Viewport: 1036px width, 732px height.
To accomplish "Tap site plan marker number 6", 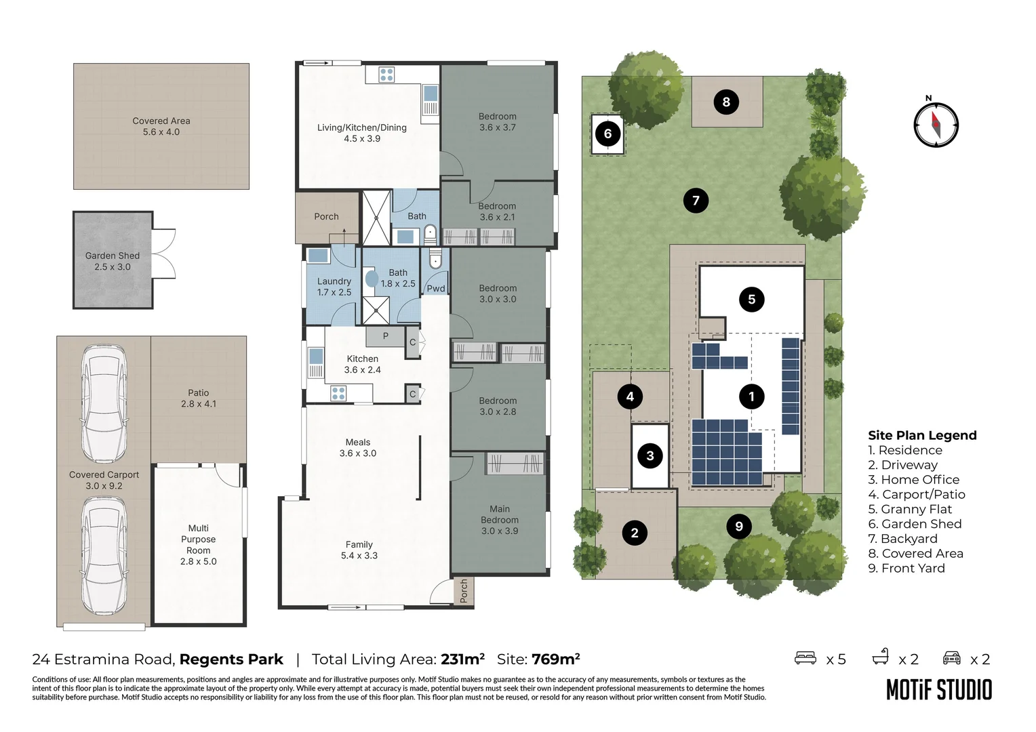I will click(x=607, y=134).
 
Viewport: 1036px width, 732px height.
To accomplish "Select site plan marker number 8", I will click(x=726, y=102).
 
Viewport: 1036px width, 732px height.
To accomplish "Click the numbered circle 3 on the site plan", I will click(x=650, y=455).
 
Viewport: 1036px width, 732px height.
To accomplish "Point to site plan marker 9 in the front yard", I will click(x=739, y=526).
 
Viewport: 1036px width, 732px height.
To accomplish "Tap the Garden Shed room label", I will click(x=113, y=256).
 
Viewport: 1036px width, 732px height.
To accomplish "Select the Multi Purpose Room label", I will click(x=198, y=540).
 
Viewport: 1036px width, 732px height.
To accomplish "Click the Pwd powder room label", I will click(x=435, y=288).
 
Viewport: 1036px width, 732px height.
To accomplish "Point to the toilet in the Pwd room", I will click(x=435, y=260).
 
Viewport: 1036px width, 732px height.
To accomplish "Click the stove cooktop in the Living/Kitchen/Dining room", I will click(x=386, y=75).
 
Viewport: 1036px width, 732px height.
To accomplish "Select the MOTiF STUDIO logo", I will click(x=939, y=690).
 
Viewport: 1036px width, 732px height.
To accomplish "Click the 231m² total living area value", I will click(x=462, y=659).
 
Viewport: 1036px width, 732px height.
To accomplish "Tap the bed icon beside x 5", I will click(x=805, y=657).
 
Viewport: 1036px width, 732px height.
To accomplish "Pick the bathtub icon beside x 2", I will click(x=881, y=657).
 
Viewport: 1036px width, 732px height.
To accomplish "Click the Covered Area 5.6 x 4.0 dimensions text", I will click(x=161, y=132).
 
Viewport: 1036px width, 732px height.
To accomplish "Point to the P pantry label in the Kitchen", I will click(x=385, y=335).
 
